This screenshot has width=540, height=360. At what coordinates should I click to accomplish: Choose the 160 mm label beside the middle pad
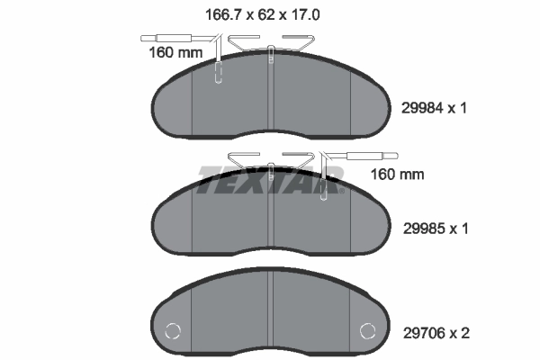pyautogui.click(x=397, y=174)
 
